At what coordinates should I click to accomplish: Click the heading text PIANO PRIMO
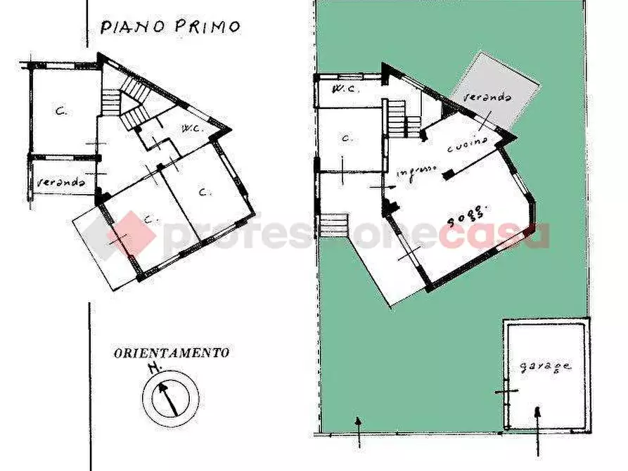(169, 27)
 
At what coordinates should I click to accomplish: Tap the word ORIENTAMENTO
(171, 353)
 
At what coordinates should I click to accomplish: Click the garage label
(546, 367)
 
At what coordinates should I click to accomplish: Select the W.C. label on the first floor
(192, 128)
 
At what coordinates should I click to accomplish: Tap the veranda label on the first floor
(61, 182)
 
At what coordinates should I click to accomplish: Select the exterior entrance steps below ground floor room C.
(335, 225)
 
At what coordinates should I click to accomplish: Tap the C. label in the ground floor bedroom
(345, 138)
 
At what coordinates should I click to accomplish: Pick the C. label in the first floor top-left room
(61, 110)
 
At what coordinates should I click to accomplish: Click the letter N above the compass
(152, 368)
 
